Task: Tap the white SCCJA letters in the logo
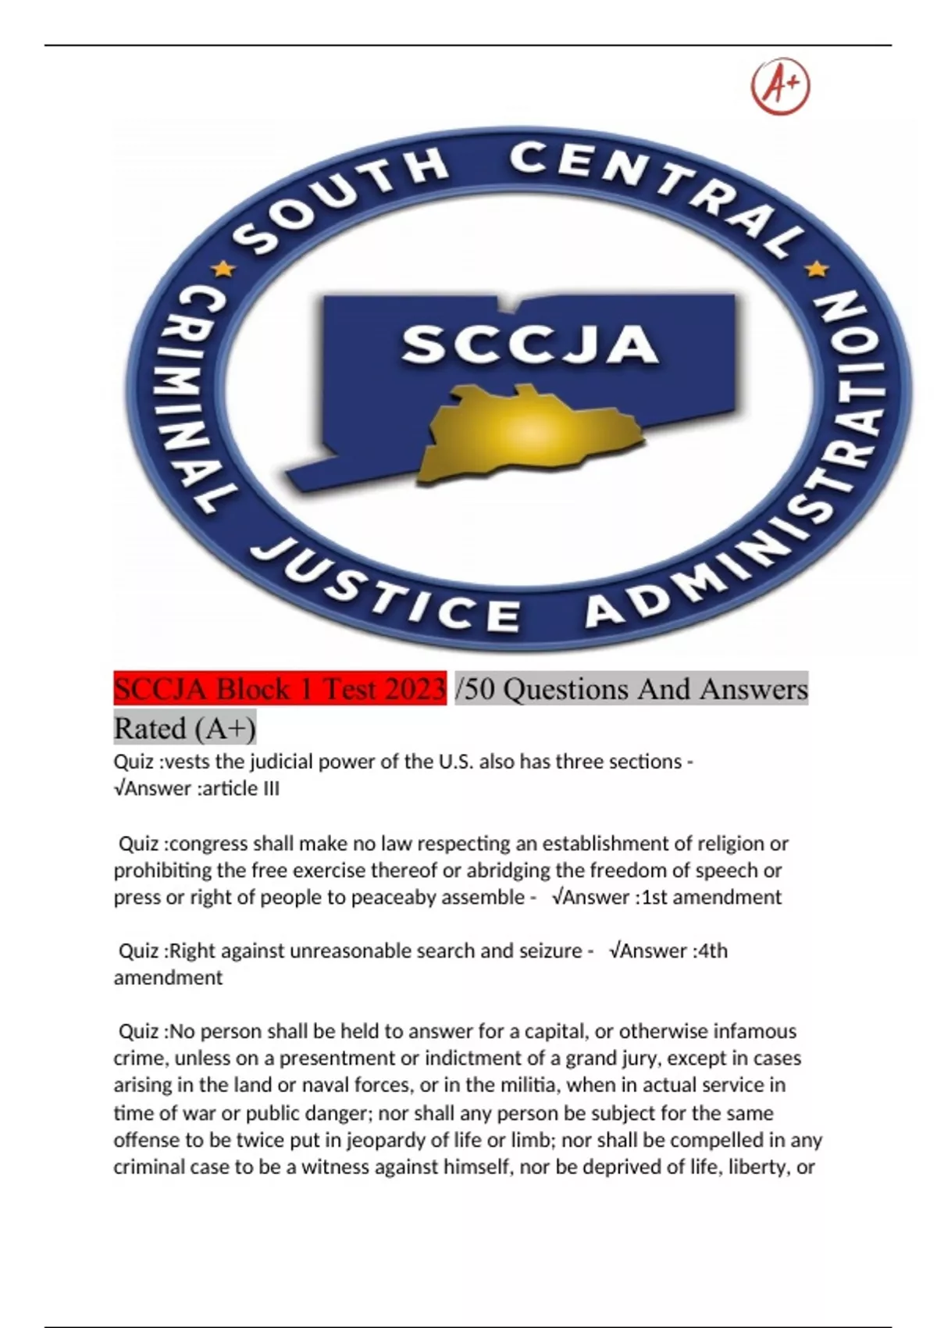point(529,345)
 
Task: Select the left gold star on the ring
point(224,270)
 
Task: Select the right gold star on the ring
point(818,270)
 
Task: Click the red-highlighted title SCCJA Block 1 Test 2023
point(280,689)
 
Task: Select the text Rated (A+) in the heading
point(184,729)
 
